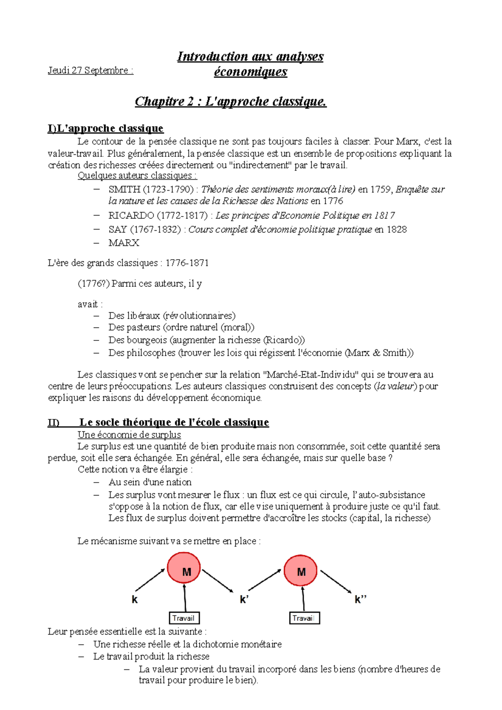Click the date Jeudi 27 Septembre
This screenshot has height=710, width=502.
click(90, 70)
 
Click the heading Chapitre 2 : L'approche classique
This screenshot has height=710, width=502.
click(231, 101)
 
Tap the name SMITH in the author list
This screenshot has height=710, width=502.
click(124, 189)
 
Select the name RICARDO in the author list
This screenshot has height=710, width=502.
click(131, 215)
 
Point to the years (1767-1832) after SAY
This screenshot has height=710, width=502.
click(155, 230)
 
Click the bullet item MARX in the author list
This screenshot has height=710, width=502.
click(123, 243)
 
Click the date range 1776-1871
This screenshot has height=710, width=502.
click(187, 263)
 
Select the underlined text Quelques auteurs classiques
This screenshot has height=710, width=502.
click(137, 176)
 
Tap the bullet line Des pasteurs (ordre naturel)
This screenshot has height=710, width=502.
click(181, 327)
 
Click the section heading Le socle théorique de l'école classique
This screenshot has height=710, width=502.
click(174, 422)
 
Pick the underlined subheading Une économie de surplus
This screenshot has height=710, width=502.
click(129, 435)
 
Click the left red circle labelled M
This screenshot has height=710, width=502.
click(184, 568)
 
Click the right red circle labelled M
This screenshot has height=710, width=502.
click(300, 572)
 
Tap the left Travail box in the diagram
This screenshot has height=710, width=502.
click(184, 618)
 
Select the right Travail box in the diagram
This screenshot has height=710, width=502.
click(304, 618)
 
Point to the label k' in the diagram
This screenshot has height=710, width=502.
click(244, 600)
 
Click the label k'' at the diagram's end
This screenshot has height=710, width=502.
click(360, 600)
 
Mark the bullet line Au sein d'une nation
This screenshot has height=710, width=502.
click(150, 482)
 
